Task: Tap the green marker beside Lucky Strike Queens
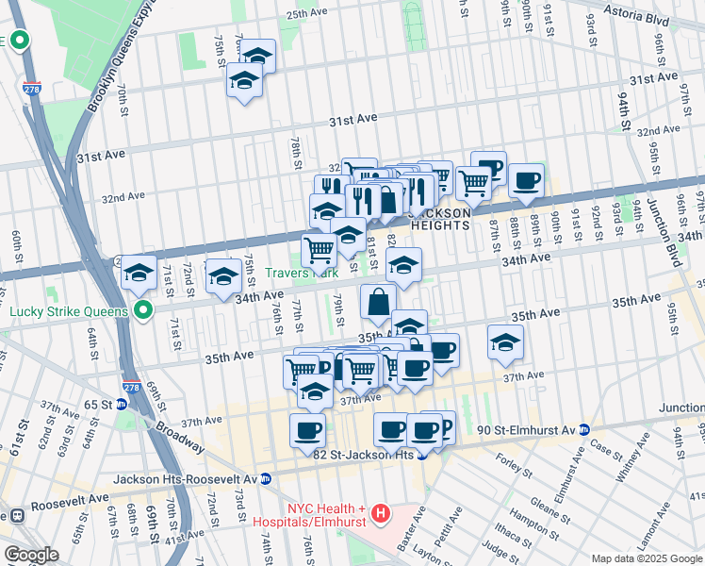143,309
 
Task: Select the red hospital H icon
380,514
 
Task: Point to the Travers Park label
300,273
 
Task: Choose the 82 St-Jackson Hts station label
363,455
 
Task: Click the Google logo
31,555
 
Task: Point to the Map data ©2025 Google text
647,558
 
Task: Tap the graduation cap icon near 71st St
139,273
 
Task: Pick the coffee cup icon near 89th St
527,179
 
